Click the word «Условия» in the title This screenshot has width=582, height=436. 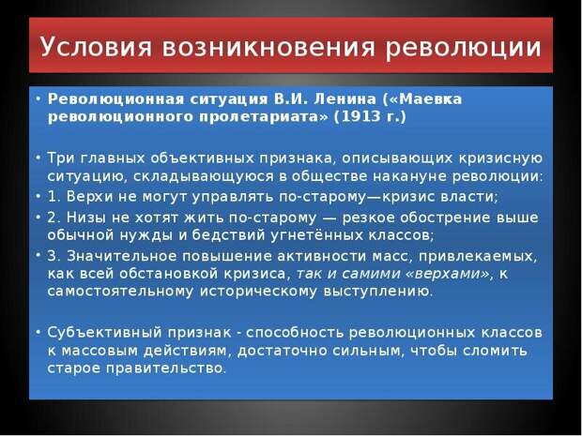point(96,47)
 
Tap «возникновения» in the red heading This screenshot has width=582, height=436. point(268,48)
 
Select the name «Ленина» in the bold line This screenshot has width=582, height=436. point(345,99)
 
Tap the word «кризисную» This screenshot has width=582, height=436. point(500,158)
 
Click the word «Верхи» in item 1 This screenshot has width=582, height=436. point(89,197)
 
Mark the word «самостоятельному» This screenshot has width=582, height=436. point(120,292)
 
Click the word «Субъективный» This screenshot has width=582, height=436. point(105,333)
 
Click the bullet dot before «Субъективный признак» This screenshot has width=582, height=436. point(38,333)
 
